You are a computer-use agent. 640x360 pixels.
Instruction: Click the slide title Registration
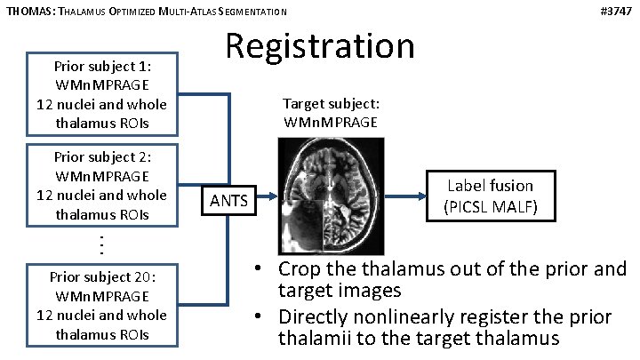(x=319, y=45)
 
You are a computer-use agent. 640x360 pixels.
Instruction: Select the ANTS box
(x=229, y=201)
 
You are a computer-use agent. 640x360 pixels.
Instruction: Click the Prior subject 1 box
(x=101, y=94)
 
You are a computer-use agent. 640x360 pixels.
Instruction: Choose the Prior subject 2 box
(x=101, y=185)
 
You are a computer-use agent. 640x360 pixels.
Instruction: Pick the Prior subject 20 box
(x=101, y=305)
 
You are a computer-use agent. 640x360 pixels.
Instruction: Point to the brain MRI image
(x=329, y=196)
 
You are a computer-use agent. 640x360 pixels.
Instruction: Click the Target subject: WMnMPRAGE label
(x=330, y=112)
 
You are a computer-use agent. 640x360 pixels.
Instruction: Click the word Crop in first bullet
(x=301, y=269)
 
